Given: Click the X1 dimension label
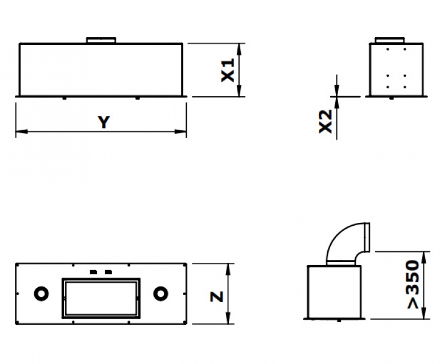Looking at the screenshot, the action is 228,70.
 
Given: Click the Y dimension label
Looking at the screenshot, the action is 104,122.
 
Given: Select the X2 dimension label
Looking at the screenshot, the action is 326,121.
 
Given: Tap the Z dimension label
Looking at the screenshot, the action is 217,297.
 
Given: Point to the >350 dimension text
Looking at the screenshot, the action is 413,284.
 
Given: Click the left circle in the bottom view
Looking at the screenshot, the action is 41,293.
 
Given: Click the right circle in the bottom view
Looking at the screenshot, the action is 161,293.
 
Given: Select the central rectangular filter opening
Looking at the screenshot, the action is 101,299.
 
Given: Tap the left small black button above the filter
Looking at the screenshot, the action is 93,272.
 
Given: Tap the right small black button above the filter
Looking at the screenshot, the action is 108,272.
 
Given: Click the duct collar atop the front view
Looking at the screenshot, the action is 101,40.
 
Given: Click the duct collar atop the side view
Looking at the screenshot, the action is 390,40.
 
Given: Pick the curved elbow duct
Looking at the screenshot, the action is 348,243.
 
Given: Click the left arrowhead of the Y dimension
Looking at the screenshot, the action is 21,131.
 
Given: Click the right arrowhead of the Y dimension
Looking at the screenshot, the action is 180,131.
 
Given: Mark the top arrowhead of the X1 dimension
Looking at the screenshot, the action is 239,49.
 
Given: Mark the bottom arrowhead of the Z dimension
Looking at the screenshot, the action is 228,318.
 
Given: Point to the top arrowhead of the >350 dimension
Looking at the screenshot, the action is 423,258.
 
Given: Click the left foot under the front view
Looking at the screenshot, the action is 64,98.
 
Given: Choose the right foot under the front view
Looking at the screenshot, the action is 137,98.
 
